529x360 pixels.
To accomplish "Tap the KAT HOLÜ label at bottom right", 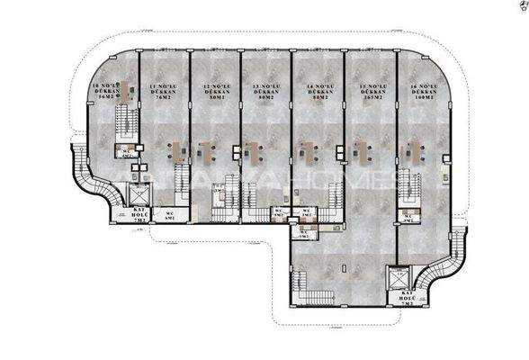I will (x=405, y=301).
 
